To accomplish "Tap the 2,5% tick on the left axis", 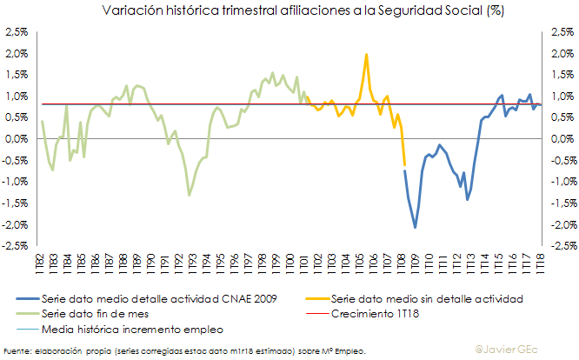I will coord(16,32).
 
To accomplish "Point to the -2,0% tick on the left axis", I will coord(15,224).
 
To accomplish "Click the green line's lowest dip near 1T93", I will coord(190,195).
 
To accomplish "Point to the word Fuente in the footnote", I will coord(17,350).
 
